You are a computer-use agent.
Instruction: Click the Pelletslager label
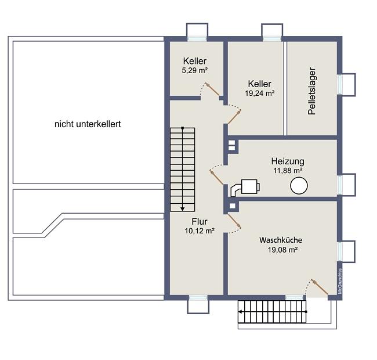click(x=311, y=91)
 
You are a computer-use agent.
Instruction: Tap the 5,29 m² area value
click(x=195, y=70)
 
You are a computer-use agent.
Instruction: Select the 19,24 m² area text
click(x=260, y=93)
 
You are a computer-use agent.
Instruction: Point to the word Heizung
click(x=288, y=161)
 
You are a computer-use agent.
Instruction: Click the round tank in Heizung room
click(x=299, y=185)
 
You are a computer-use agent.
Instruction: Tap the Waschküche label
click(x=281, y=240)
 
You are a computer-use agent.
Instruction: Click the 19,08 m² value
click(x=283, y=250)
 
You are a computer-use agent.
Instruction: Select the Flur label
click(x=200, y=221)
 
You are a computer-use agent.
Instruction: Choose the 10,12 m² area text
click(x=200, y=231)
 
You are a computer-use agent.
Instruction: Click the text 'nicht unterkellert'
click(x=88, y=124)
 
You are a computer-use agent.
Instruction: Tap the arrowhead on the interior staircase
click(x=183, y=209)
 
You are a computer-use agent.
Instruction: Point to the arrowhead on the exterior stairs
click(x=240, y=312)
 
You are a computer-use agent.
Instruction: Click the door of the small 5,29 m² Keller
click(x=212, y=89)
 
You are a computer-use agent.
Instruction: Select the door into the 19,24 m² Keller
click(x=234, y=117)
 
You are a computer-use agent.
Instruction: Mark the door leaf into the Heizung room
click(x=217, y=177)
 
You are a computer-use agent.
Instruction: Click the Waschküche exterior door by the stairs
click(x=320, y=287)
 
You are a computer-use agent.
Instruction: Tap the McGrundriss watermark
click(x=340, y=281)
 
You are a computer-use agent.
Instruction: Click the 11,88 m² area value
click(x=288, y=171)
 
